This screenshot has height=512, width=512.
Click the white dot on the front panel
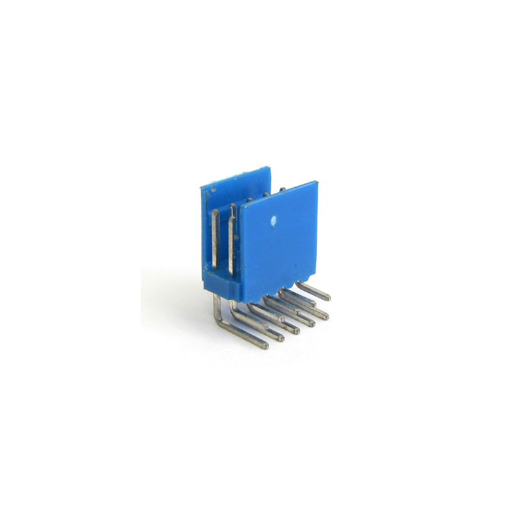pos(273,220)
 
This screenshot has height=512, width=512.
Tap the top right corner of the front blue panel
pos(317,181)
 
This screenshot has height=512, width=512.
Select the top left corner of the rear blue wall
pos(201,185)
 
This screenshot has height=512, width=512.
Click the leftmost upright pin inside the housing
pos(216,240)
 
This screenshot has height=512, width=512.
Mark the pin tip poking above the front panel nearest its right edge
pos(282,189)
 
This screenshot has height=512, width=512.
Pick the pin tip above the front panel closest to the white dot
pos(266,193)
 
